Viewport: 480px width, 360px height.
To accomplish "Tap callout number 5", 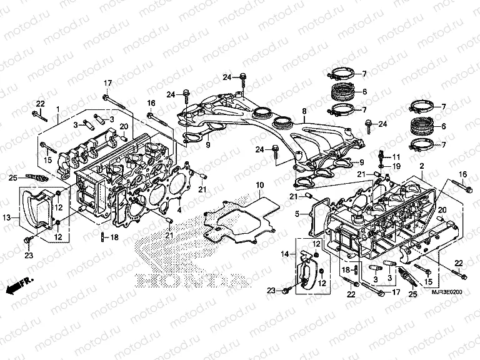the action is (299, 214).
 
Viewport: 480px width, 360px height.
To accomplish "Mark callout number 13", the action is (7, 217).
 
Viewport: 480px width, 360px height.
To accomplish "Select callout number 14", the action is (284, 254).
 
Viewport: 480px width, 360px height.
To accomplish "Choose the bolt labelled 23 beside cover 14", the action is (286, 289).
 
